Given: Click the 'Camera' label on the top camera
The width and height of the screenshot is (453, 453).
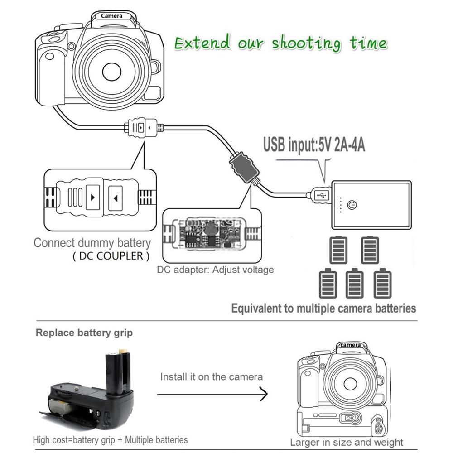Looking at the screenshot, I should (x=112, y=16).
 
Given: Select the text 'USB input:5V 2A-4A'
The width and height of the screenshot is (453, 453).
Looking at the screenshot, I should (x=314, y=146).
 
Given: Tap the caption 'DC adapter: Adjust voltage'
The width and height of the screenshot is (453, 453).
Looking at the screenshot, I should (x=215, y=270).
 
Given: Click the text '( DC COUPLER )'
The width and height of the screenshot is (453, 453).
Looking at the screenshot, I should (x=111, y=256).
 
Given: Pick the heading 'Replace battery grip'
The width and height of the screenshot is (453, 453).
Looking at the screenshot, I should (x=84, y=333).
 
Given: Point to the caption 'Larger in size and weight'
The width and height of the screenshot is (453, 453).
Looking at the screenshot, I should (x=347, y=442).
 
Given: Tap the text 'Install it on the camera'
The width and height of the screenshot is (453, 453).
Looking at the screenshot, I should (x=212, y=376).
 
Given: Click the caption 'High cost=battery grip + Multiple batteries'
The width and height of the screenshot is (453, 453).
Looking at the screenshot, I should (x=110, y=439).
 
